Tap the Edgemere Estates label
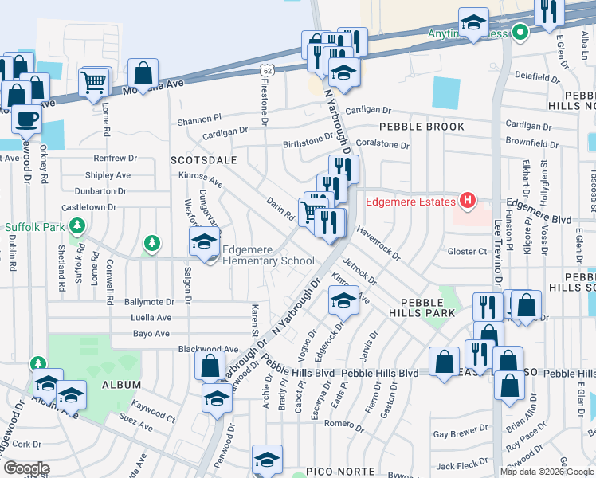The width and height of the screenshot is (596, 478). (x=409, y=201)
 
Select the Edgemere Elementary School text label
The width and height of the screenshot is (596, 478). (x=267, y=255)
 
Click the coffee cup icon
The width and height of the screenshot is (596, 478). (x=26, y=119)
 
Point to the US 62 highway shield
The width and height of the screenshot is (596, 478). (x=265, y=70)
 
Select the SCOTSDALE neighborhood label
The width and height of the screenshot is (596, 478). (x=204, y=160)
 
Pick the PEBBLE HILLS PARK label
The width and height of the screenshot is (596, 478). (x=428, y=308)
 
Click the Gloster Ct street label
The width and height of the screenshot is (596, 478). (x=467, y=252)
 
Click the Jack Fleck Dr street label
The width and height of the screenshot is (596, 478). (x=456, y=466)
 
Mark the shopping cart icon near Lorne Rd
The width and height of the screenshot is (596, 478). (x=94, y=81)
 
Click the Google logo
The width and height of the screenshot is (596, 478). (x=26, y=468)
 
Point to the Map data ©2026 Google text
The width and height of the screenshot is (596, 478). (x=546, y=472)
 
